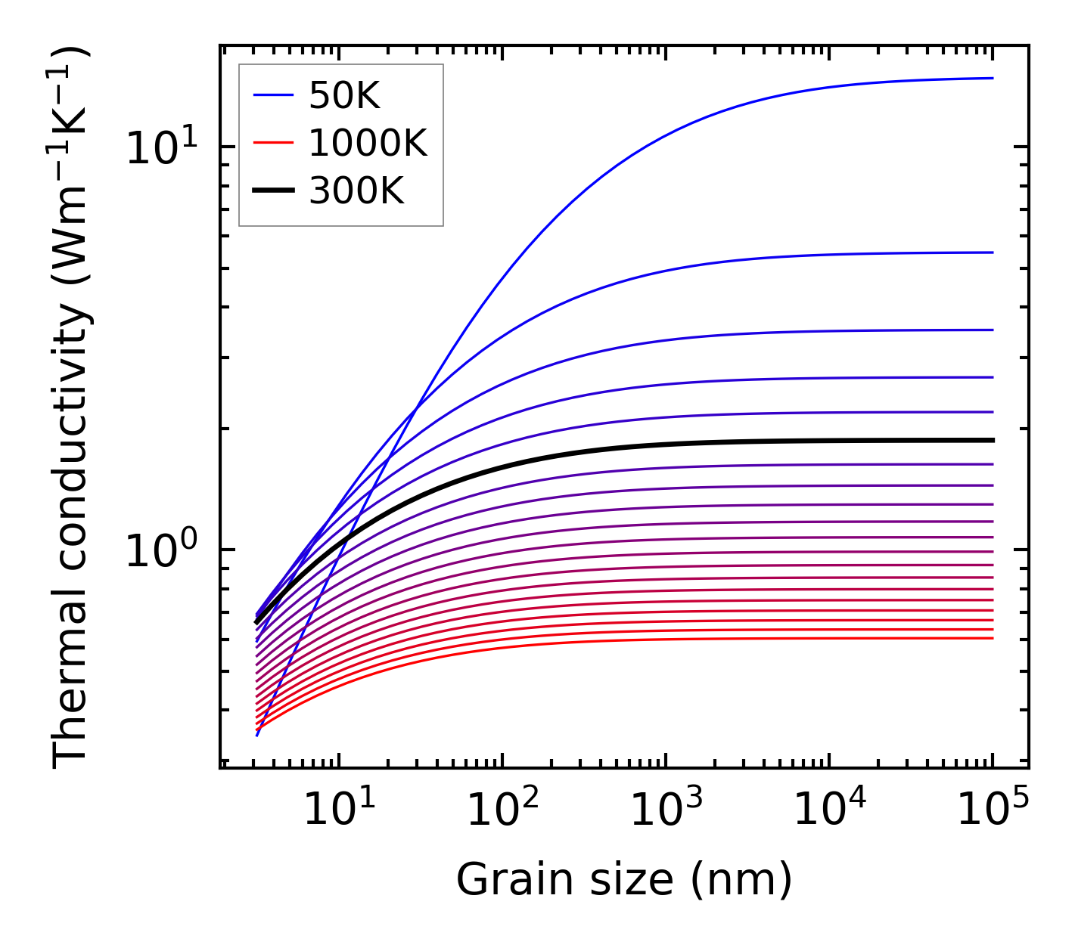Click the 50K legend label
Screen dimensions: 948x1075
(x=344, y=95)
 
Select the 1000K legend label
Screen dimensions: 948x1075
(x=368, y=143)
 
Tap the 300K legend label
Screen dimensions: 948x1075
(x=356, y=191)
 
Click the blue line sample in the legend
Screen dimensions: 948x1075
(x=272, y=95)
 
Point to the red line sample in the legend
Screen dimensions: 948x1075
(x=272, y=143)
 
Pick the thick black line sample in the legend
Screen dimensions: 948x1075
(x=272, y=191)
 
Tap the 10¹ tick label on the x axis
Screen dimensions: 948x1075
(x=339, y=810)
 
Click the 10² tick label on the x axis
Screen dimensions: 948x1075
(x=503, y=810)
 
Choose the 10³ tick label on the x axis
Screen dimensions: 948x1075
(x=666, y=810)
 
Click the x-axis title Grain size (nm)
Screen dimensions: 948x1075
(x=624, y=880)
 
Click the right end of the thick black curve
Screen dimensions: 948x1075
(x=992, y=440)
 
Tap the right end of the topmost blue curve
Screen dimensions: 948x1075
(x=992, y=78)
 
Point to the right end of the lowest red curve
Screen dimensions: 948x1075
(x=992, y=638)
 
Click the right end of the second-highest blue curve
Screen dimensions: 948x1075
(x=992, y=252)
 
